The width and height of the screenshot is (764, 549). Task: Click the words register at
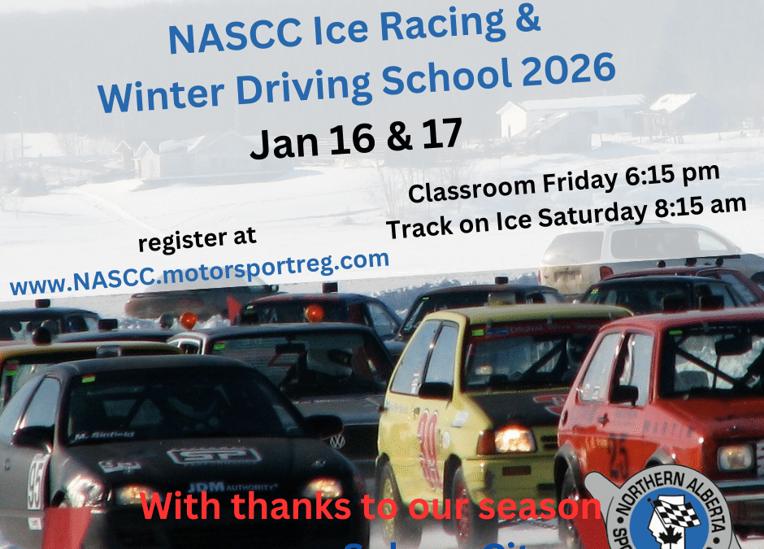tap(198, 237)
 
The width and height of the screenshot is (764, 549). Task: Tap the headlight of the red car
tap(735, 458)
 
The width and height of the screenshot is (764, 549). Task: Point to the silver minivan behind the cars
tap(634, 248)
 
